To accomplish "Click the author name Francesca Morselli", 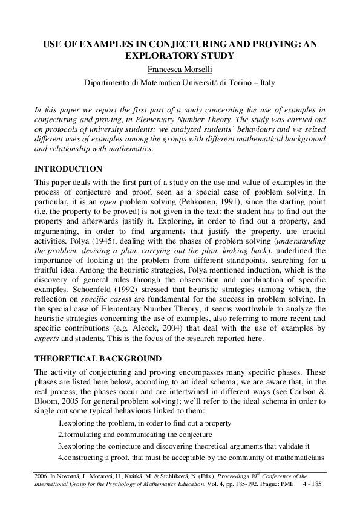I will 180,70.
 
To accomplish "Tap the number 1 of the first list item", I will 59,424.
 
